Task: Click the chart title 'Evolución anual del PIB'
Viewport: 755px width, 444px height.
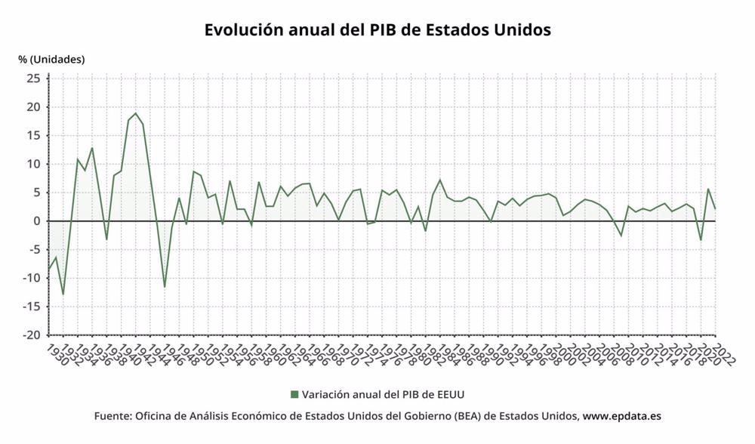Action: [377, 30]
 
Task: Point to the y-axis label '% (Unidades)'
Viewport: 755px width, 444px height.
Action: [51, 59]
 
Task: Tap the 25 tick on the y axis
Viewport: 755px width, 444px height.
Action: [34, 78]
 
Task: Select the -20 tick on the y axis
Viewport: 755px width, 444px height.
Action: [32, 335]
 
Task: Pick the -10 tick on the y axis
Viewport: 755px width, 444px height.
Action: [32, 278]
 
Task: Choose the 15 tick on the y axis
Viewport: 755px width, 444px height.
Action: [34, 135]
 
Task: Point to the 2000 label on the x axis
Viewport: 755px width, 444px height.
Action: [565, 353]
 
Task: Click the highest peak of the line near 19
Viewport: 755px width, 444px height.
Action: [135, 113]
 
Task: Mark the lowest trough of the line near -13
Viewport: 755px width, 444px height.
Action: [63, 294]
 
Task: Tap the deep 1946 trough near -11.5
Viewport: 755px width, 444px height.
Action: [165, 287]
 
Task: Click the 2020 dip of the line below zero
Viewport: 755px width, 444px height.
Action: [701, 240]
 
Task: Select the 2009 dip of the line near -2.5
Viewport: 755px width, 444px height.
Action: [621, 236]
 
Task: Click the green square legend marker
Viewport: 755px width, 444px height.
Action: [294, 394]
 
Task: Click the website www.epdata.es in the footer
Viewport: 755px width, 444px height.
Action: [622, 416]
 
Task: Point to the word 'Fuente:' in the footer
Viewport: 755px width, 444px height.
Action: [112, 416]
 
